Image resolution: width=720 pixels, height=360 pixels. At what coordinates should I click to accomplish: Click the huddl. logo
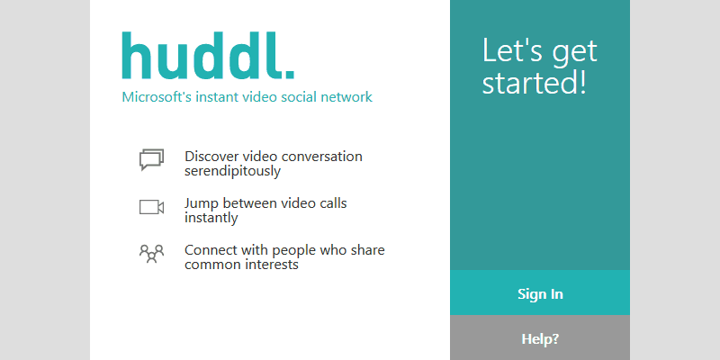(207, 56)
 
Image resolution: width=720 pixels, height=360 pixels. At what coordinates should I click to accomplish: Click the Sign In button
(540, 293)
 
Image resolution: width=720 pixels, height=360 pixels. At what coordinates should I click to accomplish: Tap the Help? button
(540, 338)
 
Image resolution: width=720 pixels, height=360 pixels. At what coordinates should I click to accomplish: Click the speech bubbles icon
(151, 160)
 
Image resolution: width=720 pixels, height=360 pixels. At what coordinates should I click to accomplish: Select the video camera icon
(151, 208)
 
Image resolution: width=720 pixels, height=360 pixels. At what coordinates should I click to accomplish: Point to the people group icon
(151, 254)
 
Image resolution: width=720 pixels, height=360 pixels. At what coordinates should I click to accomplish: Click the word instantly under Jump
(211, 218)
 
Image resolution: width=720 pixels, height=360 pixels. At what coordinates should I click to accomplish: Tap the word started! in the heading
(534, 84)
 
